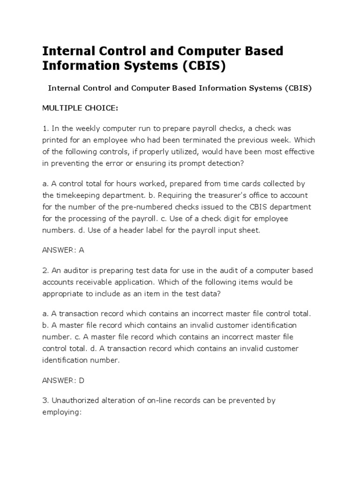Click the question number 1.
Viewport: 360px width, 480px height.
point(45,128)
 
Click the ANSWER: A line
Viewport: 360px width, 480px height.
point(63,250)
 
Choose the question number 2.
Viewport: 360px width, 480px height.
point(45,270)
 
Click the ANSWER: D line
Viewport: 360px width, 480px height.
point(63,380)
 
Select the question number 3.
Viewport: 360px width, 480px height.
point(45,401)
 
